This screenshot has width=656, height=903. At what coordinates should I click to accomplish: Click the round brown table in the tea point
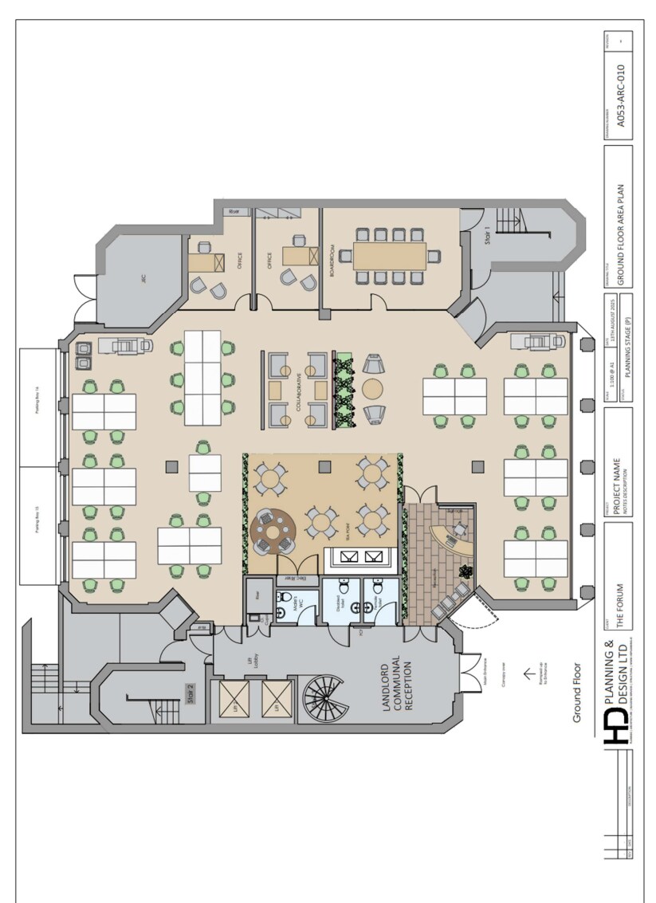click(273, 529)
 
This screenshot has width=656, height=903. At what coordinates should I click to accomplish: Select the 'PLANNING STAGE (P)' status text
click(628, 351)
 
